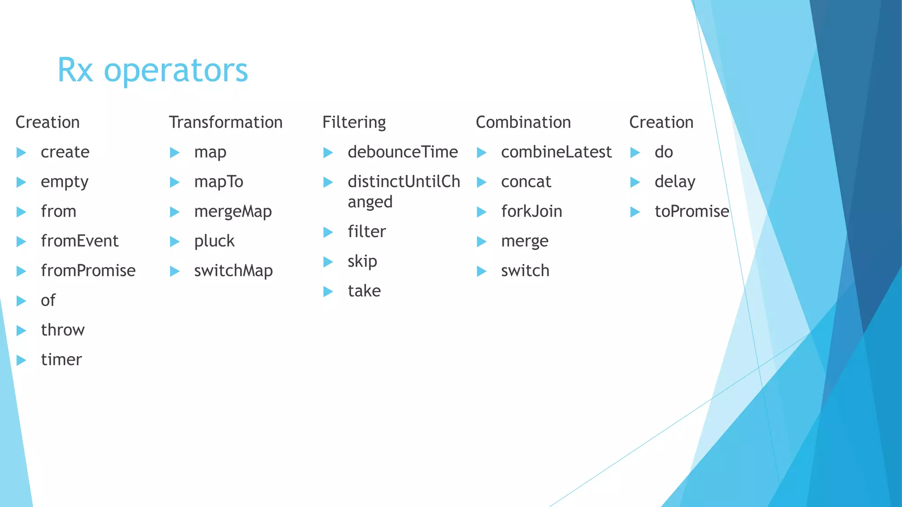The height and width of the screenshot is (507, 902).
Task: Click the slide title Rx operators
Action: point(152,70)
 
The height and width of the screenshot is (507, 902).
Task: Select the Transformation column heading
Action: point(225,122)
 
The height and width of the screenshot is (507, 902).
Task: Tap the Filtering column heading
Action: point(354,122)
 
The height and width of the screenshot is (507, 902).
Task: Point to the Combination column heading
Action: point(523,122)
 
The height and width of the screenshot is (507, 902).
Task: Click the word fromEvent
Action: point(80,241)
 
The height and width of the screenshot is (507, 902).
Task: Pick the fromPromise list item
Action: point(88,271)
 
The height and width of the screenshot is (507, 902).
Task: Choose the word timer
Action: point(61,360)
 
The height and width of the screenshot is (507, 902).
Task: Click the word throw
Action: point(63,330)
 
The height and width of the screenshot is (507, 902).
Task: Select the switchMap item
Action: point(233,271)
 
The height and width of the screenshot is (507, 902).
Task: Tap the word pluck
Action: point(214,241)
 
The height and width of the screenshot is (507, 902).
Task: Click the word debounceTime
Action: point(403,152)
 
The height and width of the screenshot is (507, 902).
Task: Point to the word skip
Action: point(362,261)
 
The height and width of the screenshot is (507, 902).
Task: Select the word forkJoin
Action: point(532,212)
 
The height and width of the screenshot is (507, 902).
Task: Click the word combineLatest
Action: point(556,152)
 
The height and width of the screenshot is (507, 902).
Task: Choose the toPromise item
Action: point(691,212)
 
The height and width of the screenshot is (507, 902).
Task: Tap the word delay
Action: point(675,182)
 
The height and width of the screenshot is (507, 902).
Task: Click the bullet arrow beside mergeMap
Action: point(175,212)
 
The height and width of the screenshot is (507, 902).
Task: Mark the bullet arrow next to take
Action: point(328,291)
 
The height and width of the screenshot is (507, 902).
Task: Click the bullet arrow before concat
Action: point(482,182)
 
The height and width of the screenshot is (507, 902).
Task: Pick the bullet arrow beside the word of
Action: point(21,301)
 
